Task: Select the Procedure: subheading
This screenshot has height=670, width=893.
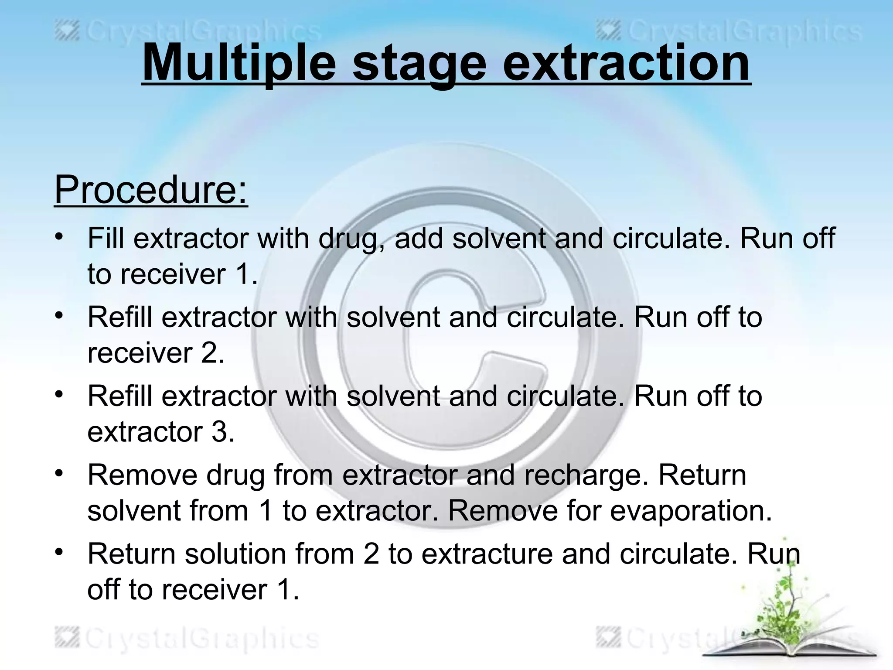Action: coord(151,190)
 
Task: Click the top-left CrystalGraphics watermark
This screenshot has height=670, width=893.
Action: coord(187,32)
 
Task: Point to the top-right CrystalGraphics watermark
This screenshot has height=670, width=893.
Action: coord(728,32)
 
